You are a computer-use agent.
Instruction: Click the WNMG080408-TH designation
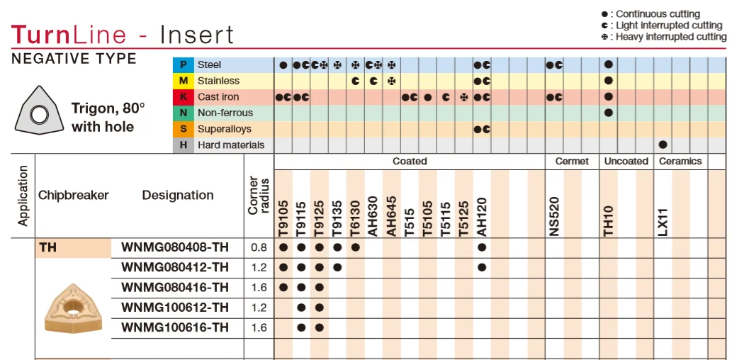(175, 247)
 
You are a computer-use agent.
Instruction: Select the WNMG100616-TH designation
(175, 327)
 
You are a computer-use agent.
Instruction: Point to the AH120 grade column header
(483, 217)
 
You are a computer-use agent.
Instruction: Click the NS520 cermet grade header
(554, 217)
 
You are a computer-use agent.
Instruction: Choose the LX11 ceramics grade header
(663, 223)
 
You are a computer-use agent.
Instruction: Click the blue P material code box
(184, 65)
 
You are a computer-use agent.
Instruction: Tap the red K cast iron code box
(184, 97)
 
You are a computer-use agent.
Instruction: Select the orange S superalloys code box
(184, 130)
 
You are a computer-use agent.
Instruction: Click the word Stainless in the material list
(218, 81)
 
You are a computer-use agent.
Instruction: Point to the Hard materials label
(231, 145)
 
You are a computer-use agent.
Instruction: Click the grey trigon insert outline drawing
(39, 111)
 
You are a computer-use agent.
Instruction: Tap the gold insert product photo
(73, 308)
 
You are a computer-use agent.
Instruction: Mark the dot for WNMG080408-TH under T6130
(355, 247)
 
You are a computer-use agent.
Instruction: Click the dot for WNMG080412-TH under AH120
(483, 268)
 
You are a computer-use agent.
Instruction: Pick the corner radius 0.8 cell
(259, 247)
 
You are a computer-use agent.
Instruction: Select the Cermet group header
(573, 162)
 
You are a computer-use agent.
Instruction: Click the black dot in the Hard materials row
(663, 145)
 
